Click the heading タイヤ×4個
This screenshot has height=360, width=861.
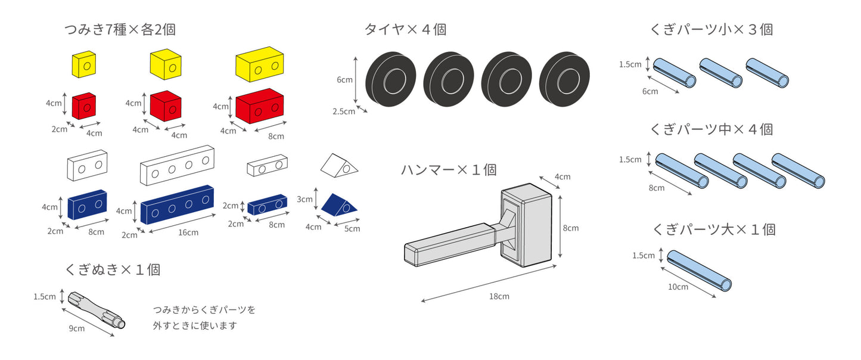(405, 29)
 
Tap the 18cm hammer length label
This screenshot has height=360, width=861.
(499, 296)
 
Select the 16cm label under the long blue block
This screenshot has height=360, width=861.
(188, 232)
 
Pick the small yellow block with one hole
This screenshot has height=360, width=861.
(84, 64)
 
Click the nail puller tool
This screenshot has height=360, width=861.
(97, 309)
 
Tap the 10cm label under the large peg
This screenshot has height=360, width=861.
(677, 287)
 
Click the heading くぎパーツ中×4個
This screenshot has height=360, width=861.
(713, 129)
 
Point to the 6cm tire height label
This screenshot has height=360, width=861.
(345, 79)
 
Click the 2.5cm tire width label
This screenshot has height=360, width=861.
(343, 111)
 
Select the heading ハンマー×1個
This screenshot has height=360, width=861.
(449, 170)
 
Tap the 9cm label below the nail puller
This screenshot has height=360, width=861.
(76, 328)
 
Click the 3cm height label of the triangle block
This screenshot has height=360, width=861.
(304, 199)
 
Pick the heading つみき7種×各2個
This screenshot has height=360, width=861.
(120, 29)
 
